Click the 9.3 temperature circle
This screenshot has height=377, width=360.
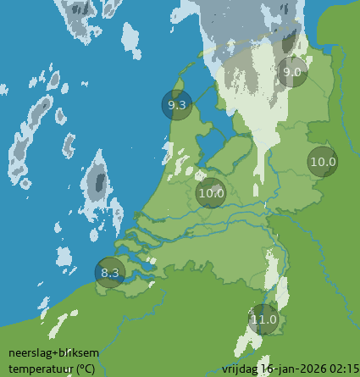[x=178, y=105]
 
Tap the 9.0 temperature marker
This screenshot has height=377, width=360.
[x=291, y=72]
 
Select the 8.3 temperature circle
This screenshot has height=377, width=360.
[x=110, y=272]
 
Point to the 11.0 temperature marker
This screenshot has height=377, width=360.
[x=263, y=319]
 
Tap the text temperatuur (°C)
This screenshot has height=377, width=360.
[x=52, y=369]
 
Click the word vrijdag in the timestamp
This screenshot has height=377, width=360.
[x=241, y=369]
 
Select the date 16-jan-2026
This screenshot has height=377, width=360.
[x=293, y=369]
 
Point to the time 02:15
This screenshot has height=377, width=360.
[x=343, y=369]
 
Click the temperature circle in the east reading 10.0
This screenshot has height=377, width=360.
[x=322, y=162]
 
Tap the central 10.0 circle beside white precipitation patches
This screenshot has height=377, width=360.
[x=211, y=192]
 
